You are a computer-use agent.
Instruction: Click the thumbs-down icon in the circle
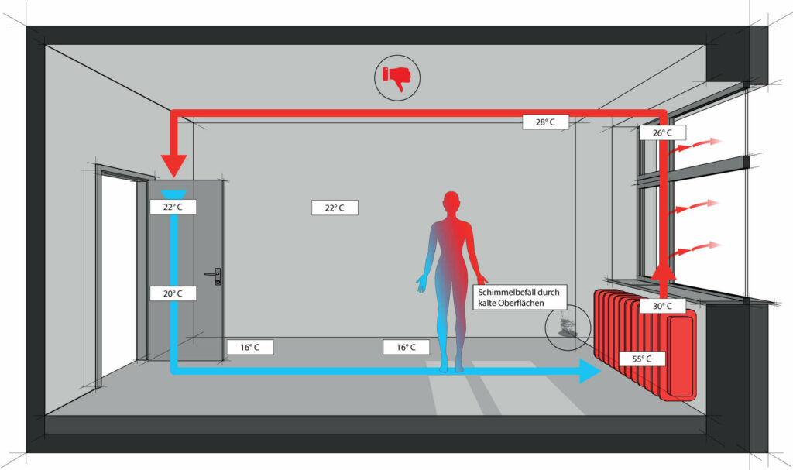[398, 77]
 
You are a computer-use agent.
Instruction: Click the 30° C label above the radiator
[661, 306]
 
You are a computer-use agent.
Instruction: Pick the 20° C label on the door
[173, 293]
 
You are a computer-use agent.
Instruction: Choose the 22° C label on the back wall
[335, 208]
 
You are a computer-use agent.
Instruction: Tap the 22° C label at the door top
[173, 207]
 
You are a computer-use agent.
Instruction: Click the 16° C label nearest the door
[249, 348]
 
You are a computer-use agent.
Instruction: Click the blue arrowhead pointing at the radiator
[590, 371]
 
